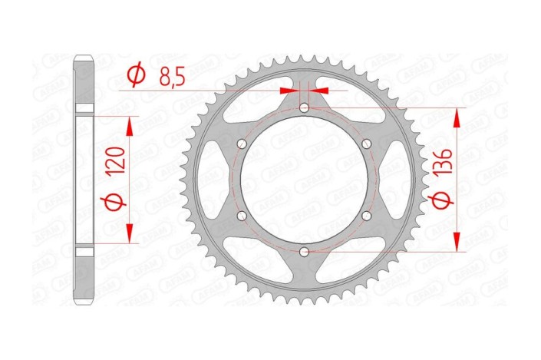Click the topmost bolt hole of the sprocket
coord(305,108)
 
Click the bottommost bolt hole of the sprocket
coord(305,251)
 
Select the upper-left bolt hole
coord(243,144)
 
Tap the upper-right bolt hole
coord(366,144)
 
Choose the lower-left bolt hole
coord(243,216)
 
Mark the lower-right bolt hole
coord(366,216)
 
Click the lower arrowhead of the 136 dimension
coord(459,244)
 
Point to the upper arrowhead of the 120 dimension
coord(130,124)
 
